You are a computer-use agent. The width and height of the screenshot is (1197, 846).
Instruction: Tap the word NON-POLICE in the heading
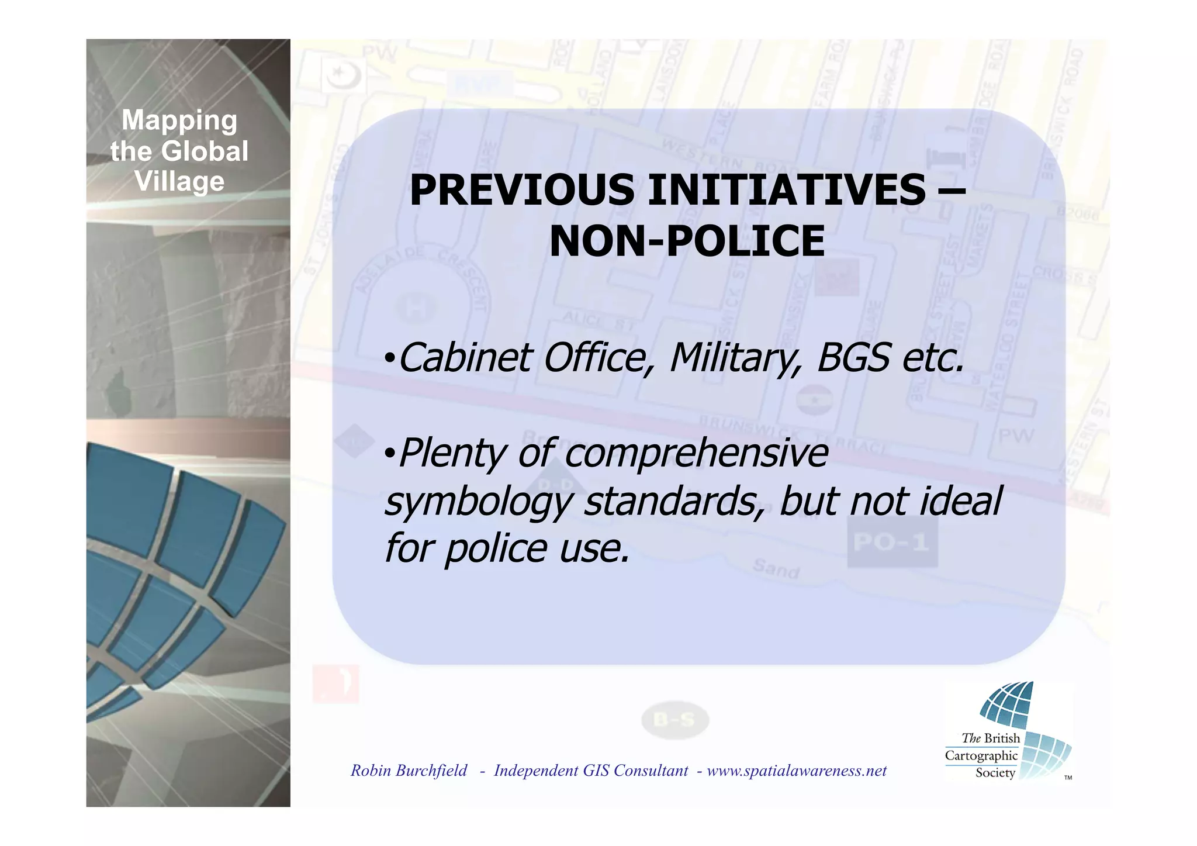pos(687,241)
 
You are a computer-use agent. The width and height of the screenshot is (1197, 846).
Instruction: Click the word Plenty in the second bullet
pos(451,454)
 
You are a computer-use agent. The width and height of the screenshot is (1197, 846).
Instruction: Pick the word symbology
pos(477,502)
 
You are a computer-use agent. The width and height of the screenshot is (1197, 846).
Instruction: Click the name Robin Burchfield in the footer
pos(409,771)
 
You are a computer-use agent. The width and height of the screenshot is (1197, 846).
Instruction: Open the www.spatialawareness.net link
pos(797,771)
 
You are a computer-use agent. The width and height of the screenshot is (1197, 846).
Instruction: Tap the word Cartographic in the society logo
pos(981,755)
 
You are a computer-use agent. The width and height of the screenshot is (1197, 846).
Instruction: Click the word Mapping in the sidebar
pos(179,120)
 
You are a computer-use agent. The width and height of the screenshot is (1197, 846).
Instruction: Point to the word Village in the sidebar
pos(179,181)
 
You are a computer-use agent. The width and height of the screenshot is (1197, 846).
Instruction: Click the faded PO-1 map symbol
pos(891,543)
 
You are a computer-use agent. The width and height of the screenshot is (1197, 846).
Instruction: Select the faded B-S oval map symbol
pos(674,720)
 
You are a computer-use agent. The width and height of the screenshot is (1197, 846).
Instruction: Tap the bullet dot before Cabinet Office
pos(389,359)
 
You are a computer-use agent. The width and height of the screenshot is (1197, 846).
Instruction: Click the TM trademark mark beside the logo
pos(1068,778)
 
